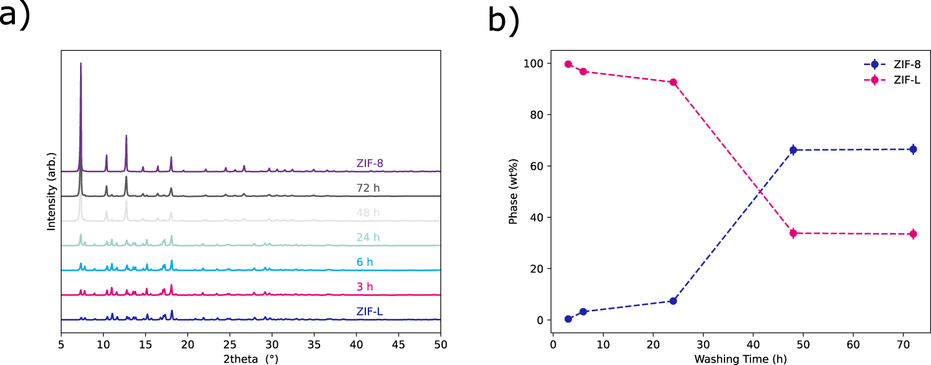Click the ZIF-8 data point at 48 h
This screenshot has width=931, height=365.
point(793,150)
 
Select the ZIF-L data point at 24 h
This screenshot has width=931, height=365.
point(673,82)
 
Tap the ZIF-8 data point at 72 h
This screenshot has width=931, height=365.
point(913,149)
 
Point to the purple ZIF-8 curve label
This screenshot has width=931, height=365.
point(370,164)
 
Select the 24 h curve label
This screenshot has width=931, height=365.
point(368,237)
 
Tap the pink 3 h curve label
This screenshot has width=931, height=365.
point(365,286)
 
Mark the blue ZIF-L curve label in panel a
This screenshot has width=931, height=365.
point(369,311)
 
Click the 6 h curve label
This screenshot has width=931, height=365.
point(365,262)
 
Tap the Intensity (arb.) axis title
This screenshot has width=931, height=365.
point(52,192)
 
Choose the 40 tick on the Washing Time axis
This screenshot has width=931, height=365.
point(752,343)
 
